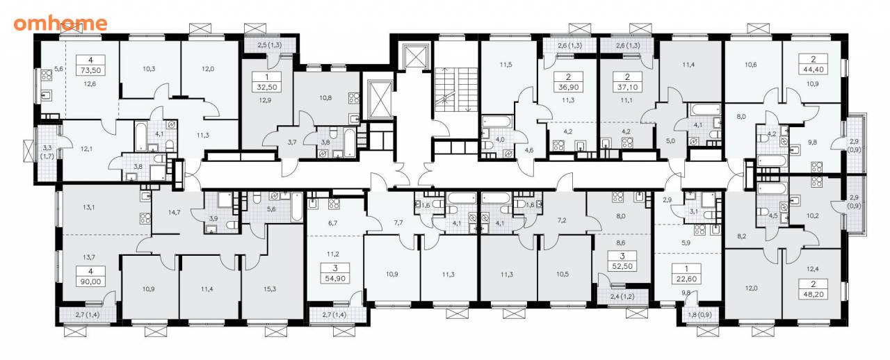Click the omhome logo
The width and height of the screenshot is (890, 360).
[60, 24]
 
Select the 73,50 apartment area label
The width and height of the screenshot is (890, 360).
[91, 70]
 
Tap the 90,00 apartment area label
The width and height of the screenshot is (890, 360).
[91, 281]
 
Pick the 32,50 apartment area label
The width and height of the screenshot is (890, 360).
[267, 87]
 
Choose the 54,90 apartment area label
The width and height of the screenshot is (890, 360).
[335, 279]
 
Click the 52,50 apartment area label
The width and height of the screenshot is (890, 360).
[622, 267]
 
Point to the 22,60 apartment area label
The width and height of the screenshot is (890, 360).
[686, 279]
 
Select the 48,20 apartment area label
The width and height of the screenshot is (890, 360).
[814, 295]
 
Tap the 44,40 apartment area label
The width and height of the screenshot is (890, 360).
[814, 69]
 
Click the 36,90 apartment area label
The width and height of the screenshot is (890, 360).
[569, 87]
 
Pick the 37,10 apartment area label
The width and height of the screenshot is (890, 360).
[627, 87]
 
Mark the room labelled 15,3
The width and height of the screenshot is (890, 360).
[270, 289]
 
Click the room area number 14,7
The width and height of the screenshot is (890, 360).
[174, 212]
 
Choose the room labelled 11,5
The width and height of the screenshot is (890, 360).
[505, 65]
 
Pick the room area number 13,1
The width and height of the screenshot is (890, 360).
[89, 207]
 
